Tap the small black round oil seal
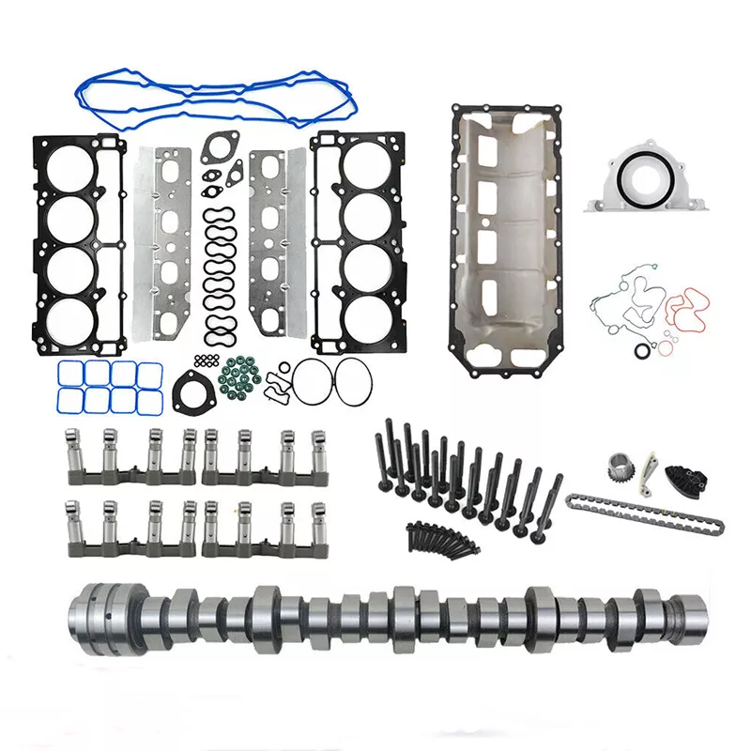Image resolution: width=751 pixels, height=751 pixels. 642,350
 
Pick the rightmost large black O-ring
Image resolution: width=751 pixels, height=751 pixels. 353,381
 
